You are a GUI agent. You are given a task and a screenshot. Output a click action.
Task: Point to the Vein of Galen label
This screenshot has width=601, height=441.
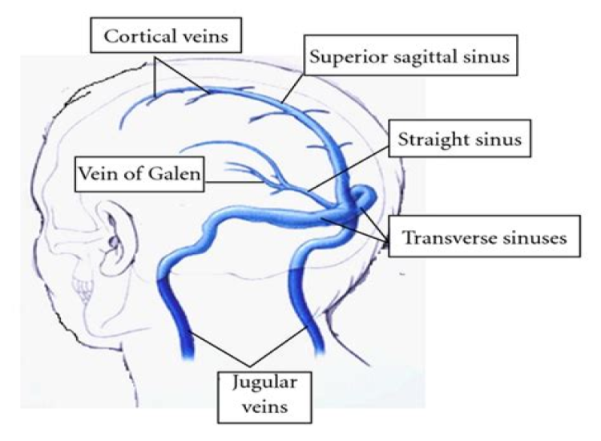(138, 174)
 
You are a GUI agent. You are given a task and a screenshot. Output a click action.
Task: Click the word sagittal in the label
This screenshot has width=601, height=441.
(405, 58)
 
